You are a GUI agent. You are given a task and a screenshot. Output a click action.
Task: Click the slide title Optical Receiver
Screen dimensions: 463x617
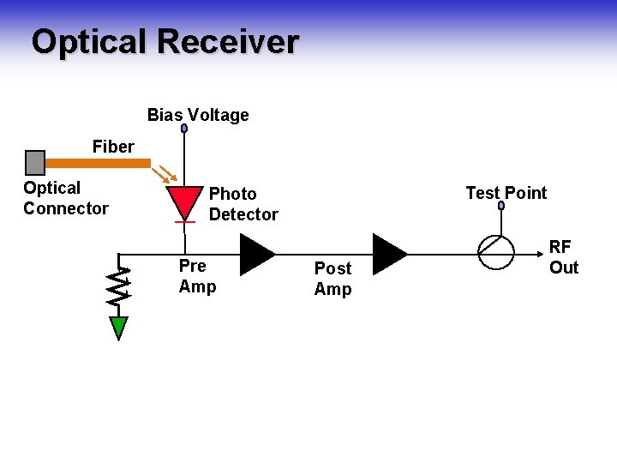[165, 41]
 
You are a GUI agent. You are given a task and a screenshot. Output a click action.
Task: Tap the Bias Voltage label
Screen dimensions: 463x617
[198, 115]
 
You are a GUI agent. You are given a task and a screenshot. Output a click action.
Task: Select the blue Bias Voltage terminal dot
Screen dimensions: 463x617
[184, 129]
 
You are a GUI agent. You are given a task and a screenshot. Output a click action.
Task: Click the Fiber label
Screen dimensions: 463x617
[113, 147]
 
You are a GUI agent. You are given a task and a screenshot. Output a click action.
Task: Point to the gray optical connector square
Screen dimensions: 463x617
[35, 162]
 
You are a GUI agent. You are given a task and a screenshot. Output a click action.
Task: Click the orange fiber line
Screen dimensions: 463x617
[98, 162]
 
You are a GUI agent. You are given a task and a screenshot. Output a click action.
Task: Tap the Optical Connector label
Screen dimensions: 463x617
[66, 198]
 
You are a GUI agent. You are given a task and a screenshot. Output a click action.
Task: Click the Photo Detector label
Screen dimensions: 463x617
[243, 204]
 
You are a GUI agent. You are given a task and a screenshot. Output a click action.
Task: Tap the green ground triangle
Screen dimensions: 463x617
[119, 328]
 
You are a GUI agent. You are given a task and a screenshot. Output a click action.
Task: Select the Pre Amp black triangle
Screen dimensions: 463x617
[255, 253]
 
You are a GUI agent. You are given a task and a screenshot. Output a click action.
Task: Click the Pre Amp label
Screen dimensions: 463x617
[197, 276]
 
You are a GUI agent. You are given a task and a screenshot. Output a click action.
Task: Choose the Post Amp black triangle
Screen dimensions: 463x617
[389, 253]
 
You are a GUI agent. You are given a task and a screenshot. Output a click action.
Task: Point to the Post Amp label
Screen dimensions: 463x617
[332, 280]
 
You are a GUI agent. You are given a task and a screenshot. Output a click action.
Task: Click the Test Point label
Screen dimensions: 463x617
[506, 193]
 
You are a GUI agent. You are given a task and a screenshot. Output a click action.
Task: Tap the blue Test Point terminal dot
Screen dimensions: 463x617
[502, 206]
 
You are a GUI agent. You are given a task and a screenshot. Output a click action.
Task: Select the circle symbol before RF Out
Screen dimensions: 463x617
[495, 252]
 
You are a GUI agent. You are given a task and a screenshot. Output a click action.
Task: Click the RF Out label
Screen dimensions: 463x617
[563, 257]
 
